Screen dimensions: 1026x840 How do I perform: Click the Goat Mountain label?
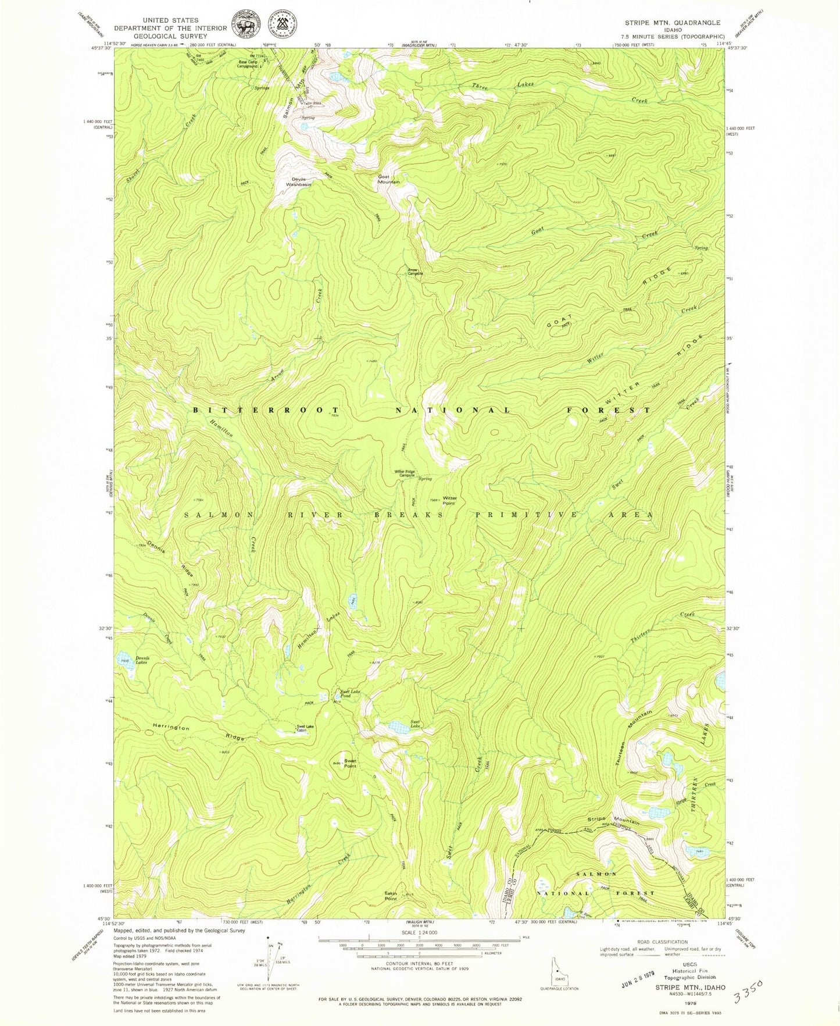[x=389, y=179]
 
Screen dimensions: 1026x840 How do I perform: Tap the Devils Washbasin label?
[x=298, y=181]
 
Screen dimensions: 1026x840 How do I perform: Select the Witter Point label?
[x=450, y=500]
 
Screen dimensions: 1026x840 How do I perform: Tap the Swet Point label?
[x=350, y=763]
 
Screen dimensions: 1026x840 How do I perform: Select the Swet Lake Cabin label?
[x=305, y=728]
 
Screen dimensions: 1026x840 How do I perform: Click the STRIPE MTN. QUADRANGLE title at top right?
[x=672, y=23]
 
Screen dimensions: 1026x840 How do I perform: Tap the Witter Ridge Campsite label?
[x=405, y=473]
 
